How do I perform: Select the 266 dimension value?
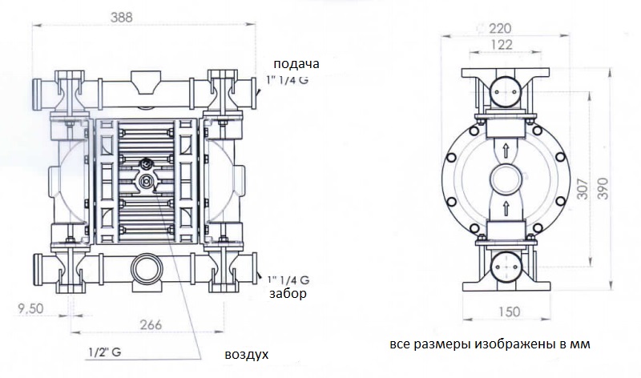click(x=150, y=324)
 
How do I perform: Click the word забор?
click(x=288, y=294)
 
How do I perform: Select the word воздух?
click(x=246, y=353)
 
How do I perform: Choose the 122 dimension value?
click(x=503, y=46)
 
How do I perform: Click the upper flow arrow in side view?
click(x=505, y=148)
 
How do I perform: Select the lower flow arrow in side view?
click(x=505, y=210)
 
